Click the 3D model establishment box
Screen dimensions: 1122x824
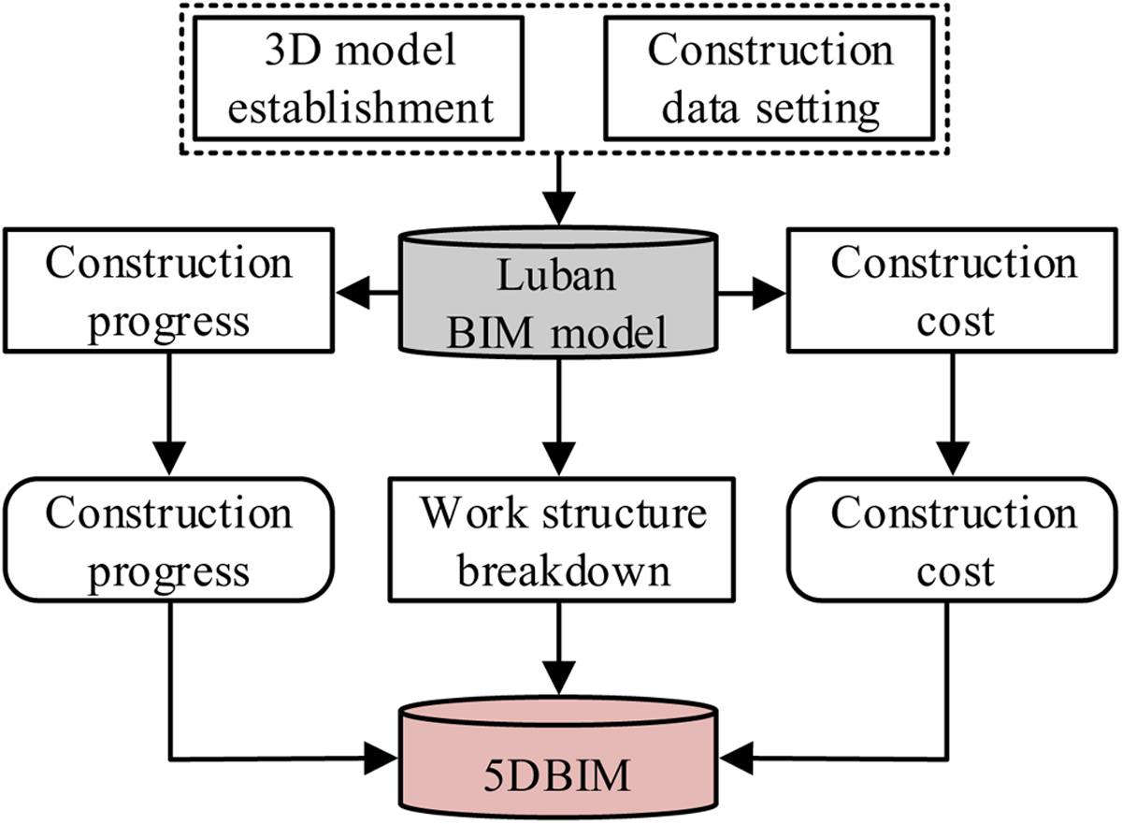359,78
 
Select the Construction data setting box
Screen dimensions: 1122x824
770,78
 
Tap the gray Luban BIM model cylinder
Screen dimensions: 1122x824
558,293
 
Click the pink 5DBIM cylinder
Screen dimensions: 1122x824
558,759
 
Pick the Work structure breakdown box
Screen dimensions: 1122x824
562,540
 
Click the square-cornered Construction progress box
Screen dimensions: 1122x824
169,291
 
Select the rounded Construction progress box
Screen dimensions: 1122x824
169,540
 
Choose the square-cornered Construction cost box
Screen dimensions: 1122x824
953,291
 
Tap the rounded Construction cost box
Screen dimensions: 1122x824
953,540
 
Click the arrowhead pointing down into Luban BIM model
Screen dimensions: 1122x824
558,209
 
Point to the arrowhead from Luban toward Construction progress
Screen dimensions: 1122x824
352,293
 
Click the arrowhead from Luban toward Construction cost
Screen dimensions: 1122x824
770,293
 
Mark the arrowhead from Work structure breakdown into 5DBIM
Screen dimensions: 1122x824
558,678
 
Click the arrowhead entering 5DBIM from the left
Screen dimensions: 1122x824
381,759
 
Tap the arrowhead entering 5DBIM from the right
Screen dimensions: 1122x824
737,759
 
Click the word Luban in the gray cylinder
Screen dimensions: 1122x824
556,276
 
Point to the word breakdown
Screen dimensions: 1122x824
564,571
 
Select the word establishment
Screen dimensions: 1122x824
361,108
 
